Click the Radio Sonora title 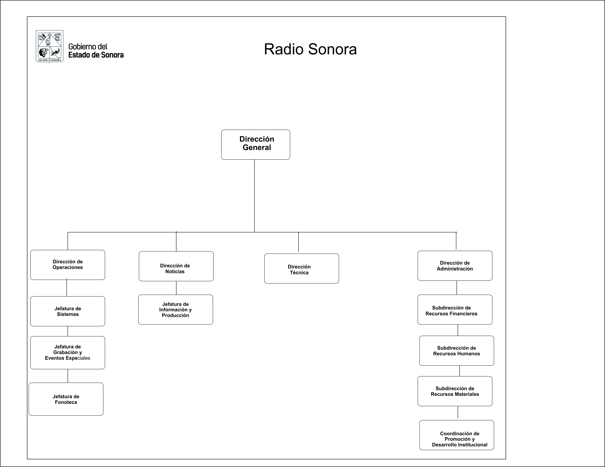point(310,49)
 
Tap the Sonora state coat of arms point(50,46)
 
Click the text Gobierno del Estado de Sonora point(96,51)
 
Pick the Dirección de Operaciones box point(68,265)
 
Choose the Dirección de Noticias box point(176,266)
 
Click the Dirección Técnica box point(302,268)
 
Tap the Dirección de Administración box point(455,266)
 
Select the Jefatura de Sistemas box point(68,311)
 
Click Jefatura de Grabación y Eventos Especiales point(68,352)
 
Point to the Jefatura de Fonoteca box point(66,399)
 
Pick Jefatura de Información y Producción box point(176,310)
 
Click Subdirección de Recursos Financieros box point(455,310)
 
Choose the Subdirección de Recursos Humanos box point(457,351)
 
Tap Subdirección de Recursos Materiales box point(455,391)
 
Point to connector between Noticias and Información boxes point(176,288)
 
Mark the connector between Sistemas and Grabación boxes point(68,331)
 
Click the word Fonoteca point(66,402)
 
